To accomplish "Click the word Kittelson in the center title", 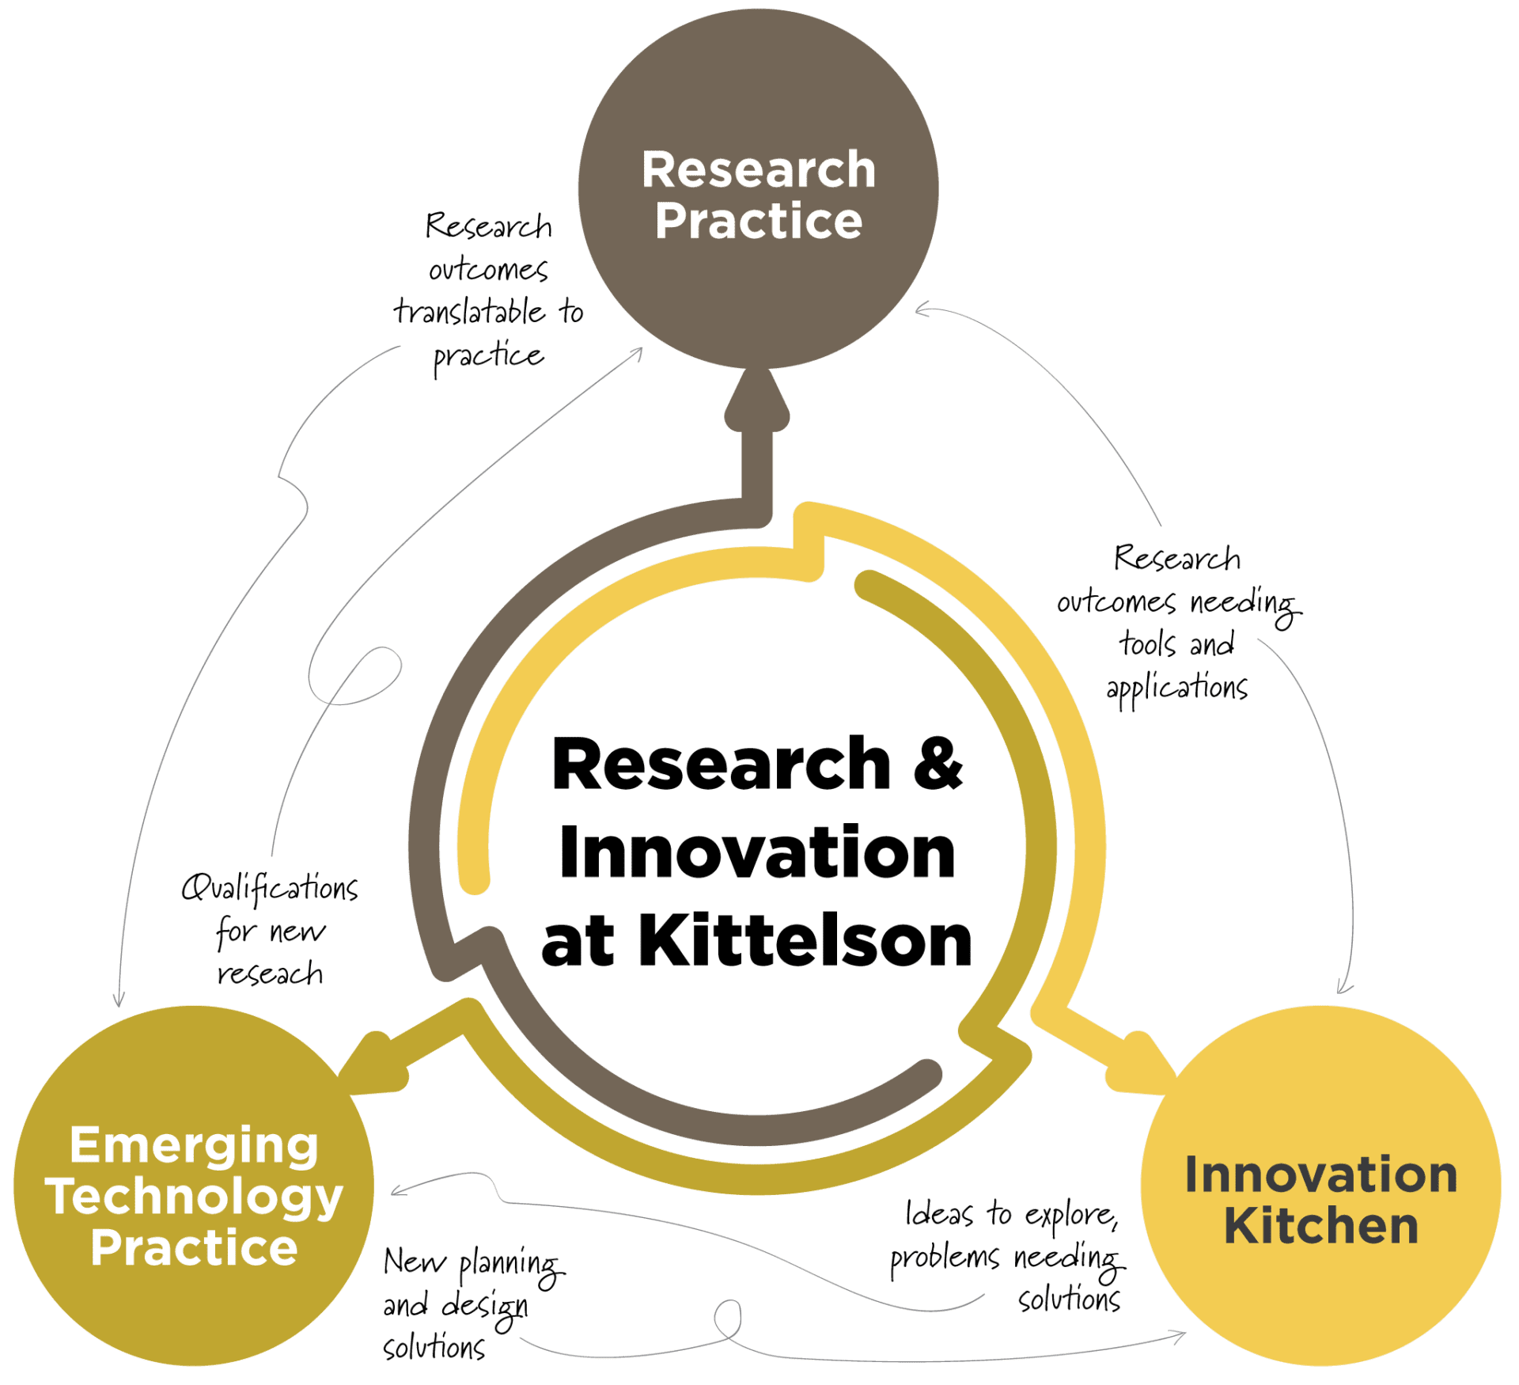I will coord(804,941).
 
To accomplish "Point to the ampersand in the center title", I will coord(938,765).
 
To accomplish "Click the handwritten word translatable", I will coord(469,312).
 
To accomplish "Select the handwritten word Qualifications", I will coord(269,889).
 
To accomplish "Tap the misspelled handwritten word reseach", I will coord(270,973).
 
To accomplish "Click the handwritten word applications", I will coord(1176,688).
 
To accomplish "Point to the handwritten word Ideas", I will coord(938,1213).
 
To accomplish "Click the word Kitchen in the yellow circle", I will coord(1320,1226).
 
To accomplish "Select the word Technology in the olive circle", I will coord(195,1197).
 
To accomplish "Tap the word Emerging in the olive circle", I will coord(195,1145).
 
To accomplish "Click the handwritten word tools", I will coord(1146,644).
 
